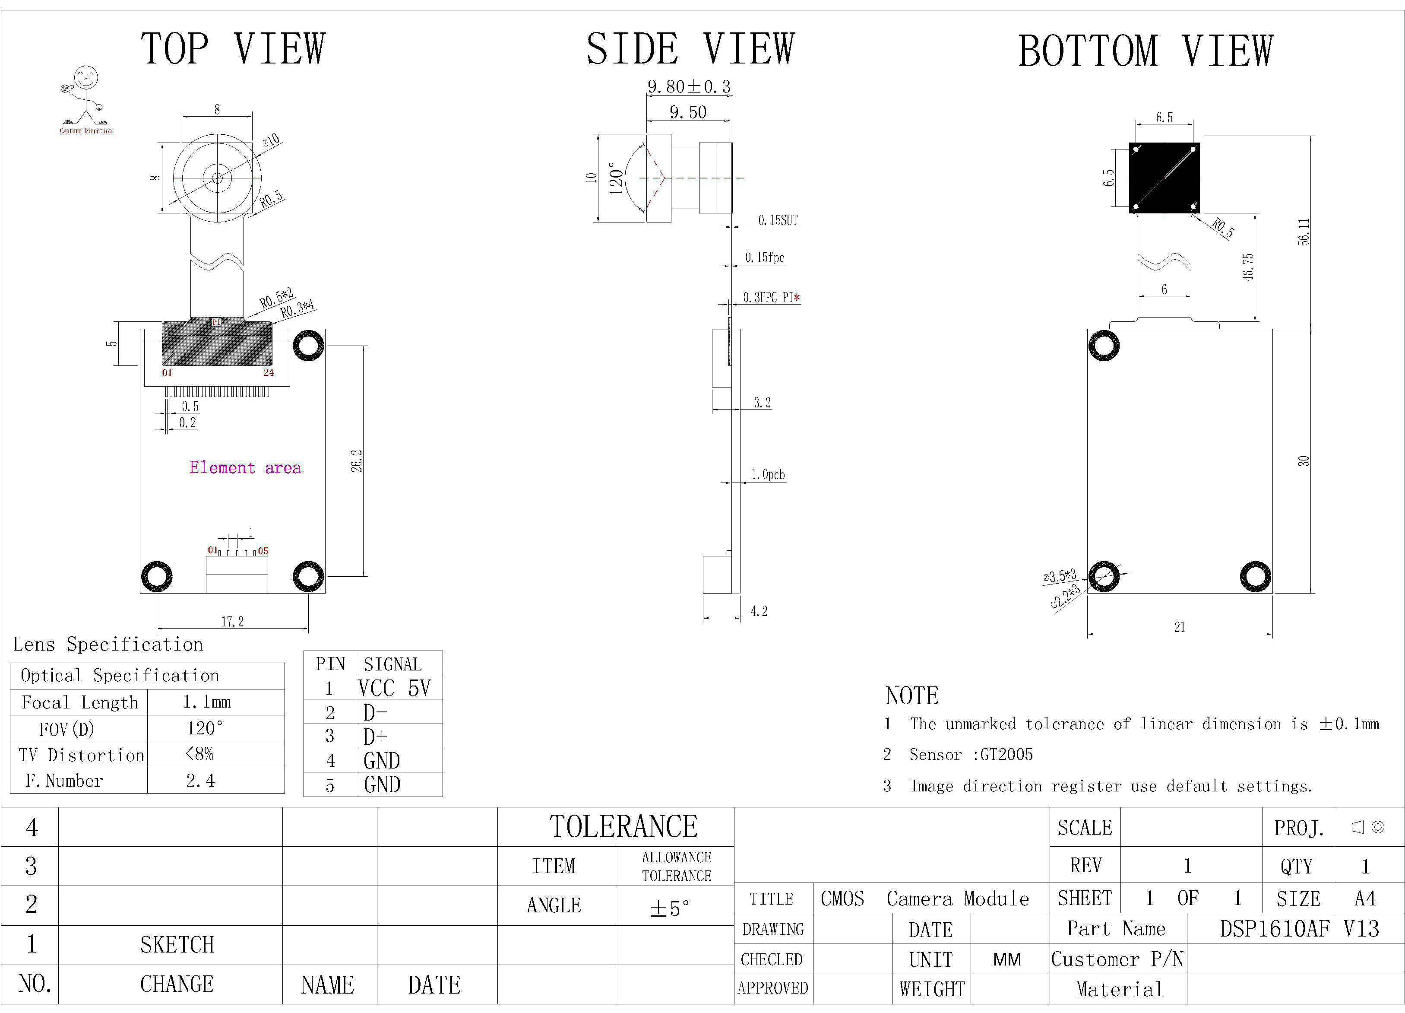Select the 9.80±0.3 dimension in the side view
point(689,87)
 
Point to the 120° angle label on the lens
point(616,178)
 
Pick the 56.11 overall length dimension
point(1304,232)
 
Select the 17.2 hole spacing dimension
point(232,621)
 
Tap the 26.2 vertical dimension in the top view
point(357,460)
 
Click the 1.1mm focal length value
point(207,702)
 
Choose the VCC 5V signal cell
point(394,688)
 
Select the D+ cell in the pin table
point(375,737)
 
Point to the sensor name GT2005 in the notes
point(1006,755)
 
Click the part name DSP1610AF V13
point(1299,929)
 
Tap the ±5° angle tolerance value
point(670,908)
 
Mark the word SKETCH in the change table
point(177,945)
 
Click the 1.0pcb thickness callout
point(768,474)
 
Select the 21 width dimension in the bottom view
point(1180,627)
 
